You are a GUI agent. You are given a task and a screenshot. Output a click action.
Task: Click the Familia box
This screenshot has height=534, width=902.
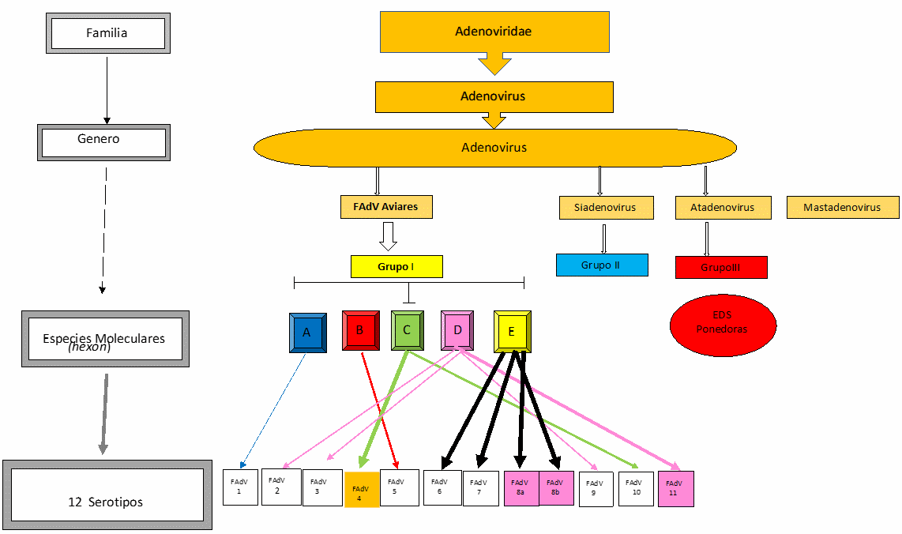[107, 34]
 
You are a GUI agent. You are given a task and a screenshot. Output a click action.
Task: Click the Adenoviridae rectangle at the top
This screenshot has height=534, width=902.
[494, 32]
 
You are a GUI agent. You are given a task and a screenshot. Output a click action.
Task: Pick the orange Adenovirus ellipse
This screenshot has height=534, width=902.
[494, 148]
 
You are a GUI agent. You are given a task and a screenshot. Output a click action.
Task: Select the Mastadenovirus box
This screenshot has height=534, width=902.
[842, 208]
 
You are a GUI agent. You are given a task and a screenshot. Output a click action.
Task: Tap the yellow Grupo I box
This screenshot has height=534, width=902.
[397, 267]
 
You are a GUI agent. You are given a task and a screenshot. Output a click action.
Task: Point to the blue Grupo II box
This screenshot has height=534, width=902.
[601, 265]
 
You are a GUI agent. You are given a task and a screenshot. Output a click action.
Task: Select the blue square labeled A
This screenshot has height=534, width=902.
[307, 333]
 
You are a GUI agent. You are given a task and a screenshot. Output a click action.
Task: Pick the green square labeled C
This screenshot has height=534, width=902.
[408, 330]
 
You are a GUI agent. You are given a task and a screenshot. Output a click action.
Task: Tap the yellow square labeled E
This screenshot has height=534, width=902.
[512, 332]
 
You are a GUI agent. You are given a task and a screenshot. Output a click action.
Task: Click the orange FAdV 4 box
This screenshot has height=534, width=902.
[362, 489]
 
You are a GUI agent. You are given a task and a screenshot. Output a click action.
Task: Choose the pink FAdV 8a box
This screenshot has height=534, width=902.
[521, 487]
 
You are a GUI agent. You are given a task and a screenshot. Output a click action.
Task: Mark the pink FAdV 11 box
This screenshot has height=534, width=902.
[675, 488]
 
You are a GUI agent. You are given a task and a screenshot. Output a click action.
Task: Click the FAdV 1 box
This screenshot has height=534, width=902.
[239, 487]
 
